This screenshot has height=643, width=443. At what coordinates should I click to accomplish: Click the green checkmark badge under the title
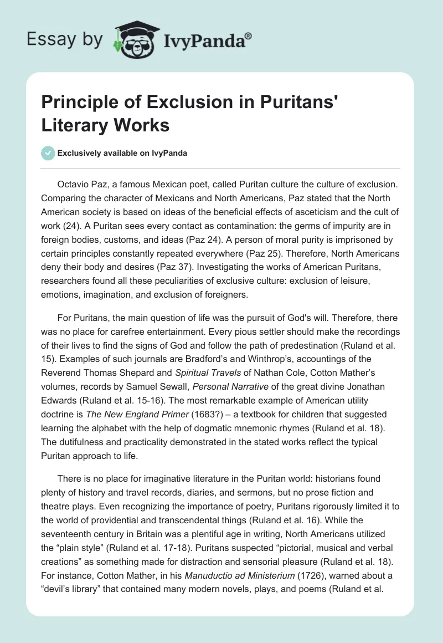(x=48, y=153)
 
